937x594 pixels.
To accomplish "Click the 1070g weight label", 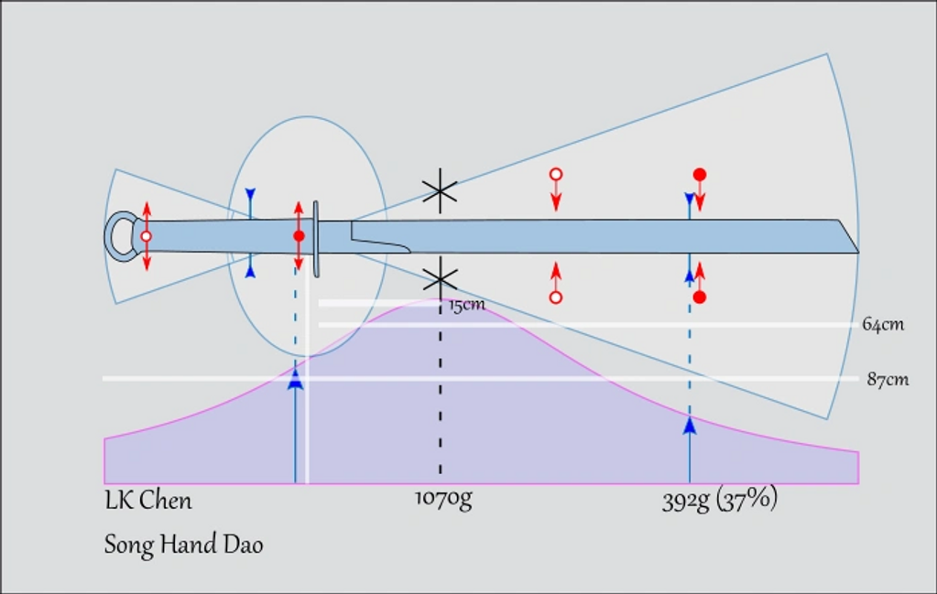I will pos(443,500).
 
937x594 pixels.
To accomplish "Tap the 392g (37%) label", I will pos(720,501).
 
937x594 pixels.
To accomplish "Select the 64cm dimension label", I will pos(883,324).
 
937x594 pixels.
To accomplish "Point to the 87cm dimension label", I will pos(888,379).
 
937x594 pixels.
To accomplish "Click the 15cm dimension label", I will pos(467,305).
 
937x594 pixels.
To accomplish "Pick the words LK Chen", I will pos(148,501).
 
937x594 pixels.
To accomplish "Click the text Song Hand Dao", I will pos(183,545).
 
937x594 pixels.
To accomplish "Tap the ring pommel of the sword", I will pos(119,236).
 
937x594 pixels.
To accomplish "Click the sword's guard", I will pos(316,239).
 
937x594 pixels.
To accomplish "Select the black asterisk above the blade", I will pos(441,190).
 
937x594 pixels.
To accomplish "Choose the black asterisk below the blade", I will pos(441,279).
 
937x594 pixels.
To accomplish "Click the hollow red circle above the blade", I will pos(555,174).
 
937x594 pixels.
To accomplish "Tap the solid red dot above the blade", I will pos(700,174).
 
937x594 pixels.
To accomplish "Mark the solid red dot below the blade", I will pos(700,297).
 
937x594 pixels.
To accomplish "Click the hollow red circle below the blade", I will pos(555,297).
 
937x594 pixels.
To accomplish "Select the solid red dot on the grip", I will pos(299,236).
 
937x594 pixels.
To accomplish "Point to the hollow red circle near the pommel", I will pos(146,236).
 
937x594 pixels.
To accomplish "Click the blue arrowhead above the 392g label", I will pos(690,425).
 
